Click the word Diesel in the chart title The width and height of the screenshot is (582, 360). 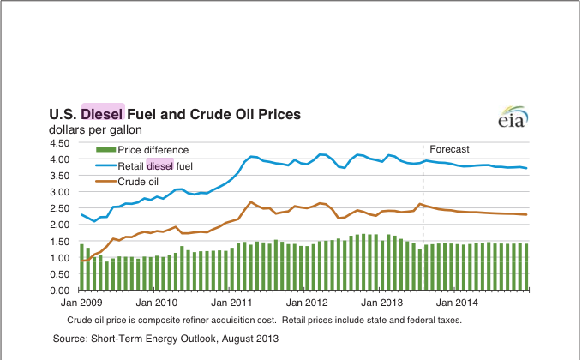coord(103,113)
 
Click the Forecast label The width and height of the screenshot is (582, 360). coord(449,149)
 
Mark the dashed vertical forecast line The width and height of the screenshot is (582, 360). coord(423,223)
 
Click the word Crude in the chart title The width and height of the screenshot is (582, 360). coord(207,113)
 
